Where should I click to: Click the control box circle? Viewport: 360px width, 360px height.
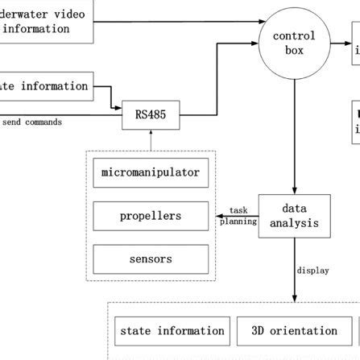pyautogui.click(x=294, y=43)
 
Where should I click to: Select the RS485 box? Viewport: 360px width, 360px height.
pyautogui.click(x=151, y=115)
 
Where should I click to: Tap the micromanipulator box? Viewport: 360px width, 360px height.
pyautogui.click(x=151, y=173)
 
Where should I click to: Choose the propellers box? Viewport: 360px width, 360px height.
pyautogui.click(x=151, y=217)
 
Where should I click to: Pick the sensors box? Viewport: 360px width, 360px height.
pyautogui.click(x=151, y=260)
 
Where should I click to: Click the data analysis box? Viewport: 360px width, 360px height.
pyautogui.click(x=294, y=216)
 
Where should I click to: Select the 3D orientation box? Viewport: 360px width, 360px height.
pyautogui.click(x=294, y=331)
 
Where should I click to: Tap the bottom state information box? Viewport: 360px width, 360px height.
pyautogui.click(x=172, y=331)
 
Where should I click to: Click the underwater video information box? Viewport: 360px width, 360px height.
pyautogui.click(x=46, y=22)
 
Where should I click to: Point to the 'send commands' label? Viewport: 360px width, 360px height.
pyautogui.click(x=32, y=122)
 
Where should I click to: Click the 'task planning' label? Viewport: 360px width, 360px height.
pyautogui.click(x=238, y=216)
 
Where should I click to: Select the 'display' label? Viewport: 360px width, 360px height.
pyautogui.click(x=312, y=271)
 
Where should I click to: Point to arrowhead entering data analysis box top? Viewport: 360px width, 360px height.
pyautogui.click(x=294, y=190)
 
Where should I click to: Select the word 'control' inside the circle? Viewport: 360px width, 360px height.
pyautogui.click(x=294, y=36)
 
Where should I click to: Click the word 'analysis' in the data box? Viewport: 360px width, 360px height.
pyautogui.click(x=294, y=223)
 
